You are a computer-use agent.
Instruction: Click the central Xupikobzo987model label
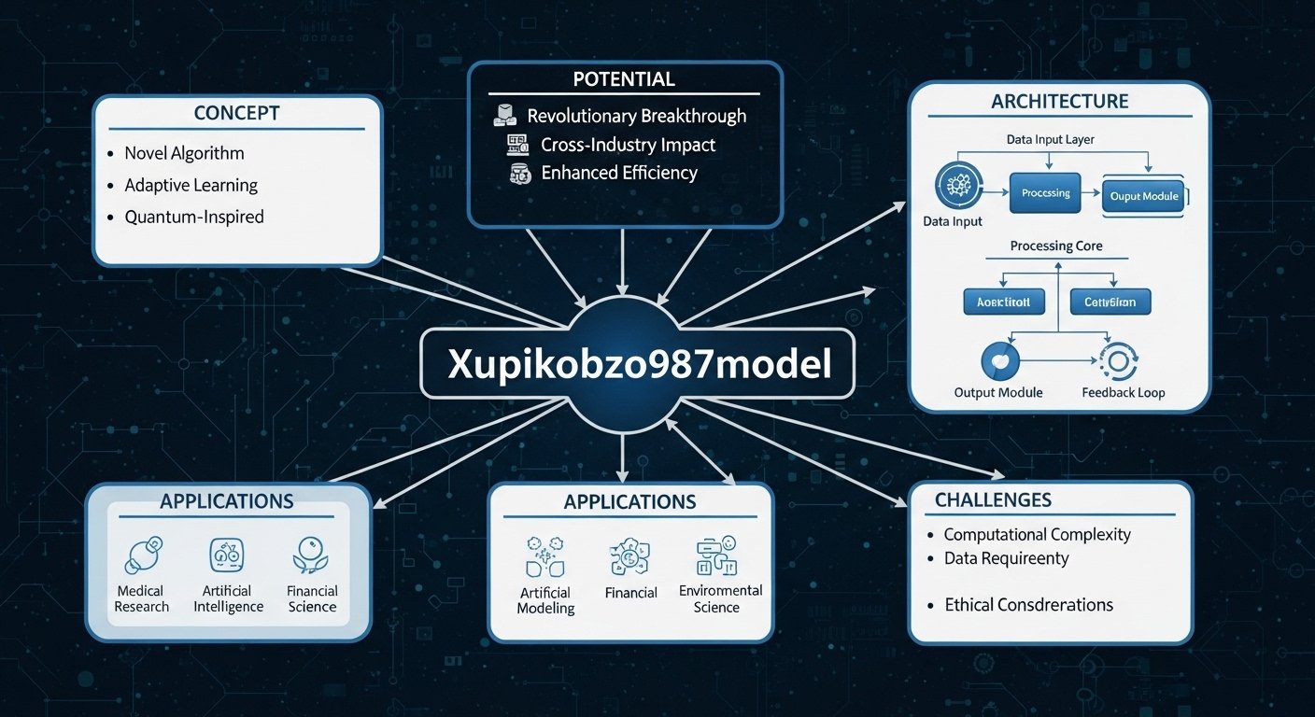pos(639,364)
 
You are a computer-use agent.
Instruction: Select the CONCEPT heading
pos(236,113)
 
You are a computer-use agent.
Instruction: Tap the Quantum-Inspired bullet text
pos(194,217)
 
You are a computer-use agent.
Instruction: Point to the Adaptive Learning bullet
pos(191,185)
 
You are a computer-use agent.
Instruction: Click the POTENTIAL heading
pos(625,78)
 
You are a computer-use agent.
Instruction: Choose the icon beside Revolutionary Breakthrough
pos(504,116)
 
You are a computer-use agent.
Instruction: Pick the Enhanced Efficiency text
pos(618,173)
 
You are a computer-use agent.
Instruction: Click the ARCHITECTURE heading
pos(1059,101)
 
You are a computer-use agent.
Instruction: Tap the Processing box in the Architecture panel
pos(1045,193)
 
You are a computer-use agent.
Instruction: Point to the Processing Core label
pos(1055,246)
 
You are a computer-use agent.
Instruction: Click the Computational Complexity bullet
pos(1037,534)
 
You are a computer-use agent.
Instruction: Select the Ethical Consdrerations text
pos(1028,605)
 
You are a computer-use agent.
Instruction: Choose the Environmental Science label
pos(720,598)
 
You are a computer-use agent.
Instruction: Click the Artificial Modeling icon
pos(544,555)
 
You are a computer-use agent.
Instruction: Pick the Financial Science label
pos(312,598)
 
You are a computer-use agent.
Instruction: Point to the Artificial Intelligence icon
pos(228,555)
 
